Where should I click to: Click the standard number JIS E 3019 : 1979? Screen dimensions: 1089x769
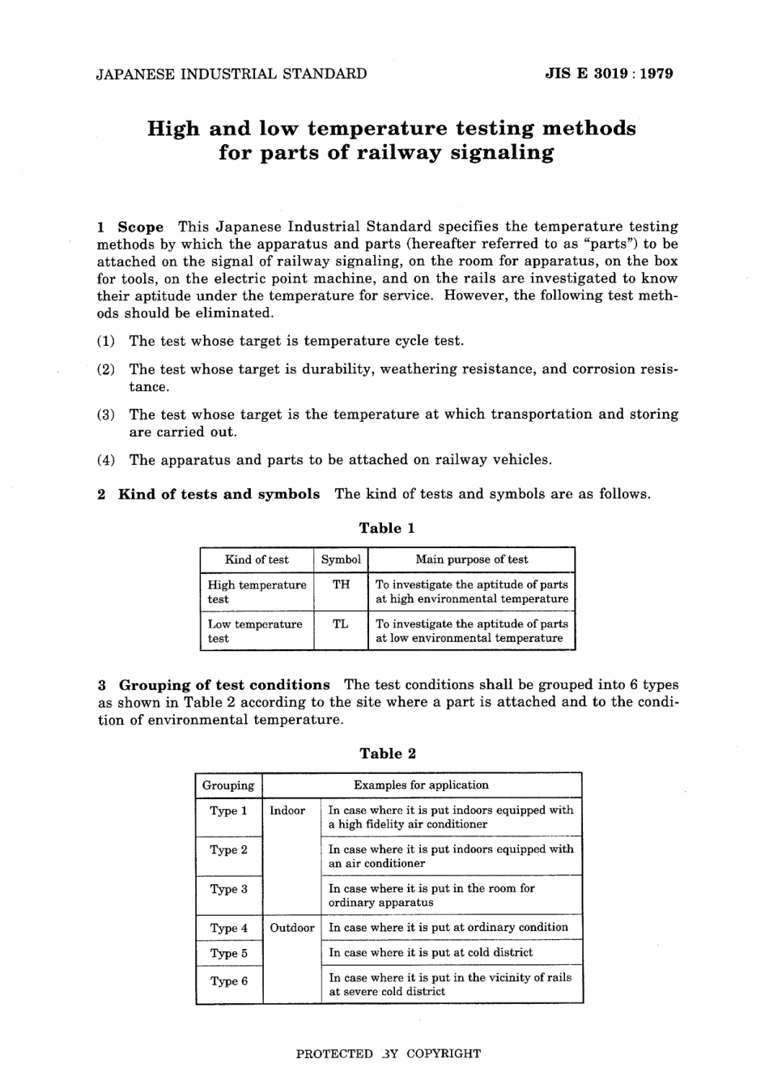click(x=609, y=74)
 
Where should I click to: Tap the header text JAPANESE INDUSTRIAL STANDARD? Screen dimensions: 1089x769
click(x=232, y=74)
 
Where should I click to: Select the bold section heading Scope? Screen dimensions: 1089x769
click(x=141, y=227)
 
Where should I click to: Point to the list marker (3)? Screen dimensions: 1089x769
click(x=106, y=415)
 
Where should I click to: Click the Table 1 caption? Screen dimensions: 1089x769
click(x=387, y=528)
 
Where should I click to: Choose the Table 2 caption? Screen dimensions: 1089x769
click(x=387, y=753)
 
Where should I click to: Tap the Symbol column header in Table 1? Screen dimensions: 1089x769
click(x=341, y=559)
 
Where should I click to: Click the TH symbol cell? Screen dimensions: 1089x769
click(x=341, y=585)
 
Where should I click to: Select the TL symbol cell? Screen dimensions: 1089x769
click(x=341, y=624)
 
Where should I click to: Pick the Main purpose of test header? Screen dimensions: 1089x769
click(x=471, y=559)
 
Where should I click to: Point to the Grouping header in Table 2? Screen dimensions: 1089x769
click(x=228, y=785)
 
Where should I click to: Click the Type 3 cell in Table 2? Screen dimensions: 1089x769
click(x=228, y=889)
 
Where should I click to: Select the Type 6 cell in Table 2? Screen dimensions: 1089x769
click(x=228, y=981)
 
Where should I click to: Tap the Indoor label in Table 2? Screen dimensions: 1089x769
click(x=287, y=810)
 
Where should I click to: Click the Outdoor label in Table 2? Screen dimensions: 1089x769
click(x=291, y=928)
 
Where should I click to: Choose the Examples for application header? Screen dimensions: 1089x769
click(x=421, y=785)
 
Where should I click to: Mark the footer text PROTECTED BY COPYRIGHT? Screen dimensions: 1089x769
click(x=388, y=1053)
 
